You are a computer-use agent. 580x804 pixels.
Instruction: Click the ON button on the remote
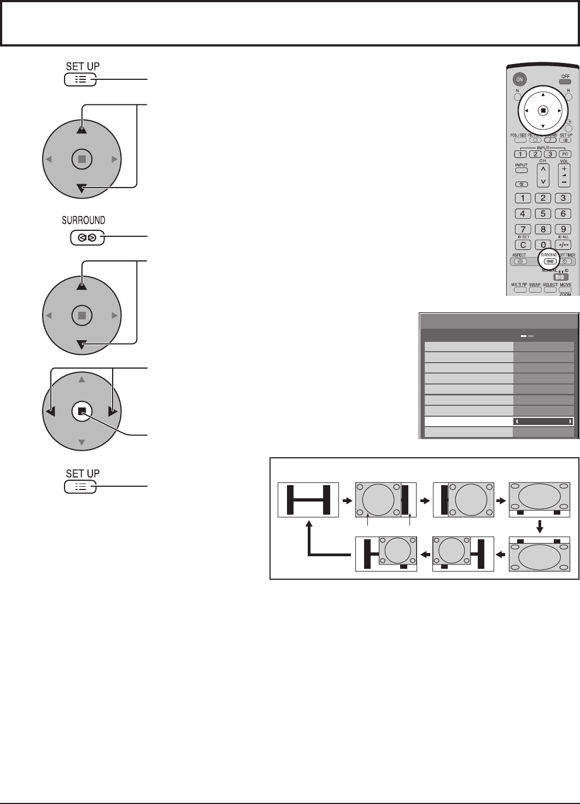520,79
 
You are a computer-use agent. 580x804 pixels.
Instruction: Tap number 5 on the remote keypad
543,214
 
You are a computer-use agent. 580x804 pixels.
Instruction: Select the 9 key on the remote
563,229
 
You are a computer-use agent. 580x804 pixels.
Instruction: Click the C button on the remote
523,244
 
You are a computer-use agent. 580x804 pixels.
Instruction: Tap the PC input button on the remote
565,154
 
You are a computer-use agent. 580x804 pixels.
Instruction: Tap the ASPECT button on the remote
520,261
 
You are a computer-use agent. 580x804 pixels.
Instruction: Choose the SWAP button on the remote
535,289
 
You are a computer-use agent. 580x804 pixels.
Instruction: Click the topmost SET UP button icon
80,80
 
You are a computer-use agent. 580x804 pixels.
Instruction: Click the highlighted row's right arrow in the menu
570,422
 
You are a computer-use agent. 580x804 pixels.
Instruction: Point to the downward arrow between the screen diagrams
540,526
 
